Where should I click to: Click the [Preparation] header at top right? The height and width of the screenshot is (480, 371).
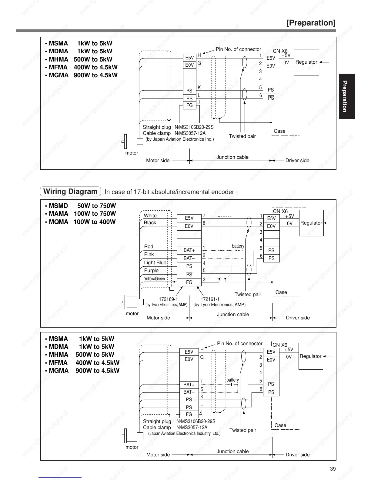(x=311, y=23)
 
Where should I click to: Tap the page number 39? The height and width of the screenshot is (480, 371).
(x=333, y=469)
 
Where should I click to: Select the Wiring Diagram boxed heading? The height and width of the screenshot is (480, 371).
(x=70, y=192)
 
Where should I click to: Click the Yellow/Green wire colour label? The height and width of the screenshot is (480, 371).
(x=154, y=279)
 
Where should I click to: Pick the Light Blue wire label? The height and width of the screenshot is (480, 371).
(x=155, y=262)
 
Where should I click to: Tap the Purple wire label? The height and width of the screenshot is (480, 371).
(x=151, y=270)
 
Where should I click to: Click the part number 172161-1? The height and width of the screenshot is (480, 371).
(x=210, y=299)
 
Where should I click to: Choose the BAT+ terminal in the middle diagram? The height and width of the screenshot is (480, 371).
(x=189, y=250)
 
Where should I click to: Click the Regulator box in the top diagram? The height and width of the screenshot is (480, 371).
(x=306, y=62)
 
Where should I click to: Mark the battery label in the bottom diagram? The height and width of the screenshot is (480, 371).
(x=232, y=380)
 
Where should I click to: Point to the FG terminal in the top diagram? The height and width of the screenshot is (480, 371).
(x=189, y=105)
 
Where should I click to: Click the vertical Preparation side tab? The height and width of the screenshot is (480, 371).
(x=347, y=96)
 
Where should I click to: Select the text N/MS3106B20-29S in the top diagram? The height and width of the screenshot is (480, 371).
(x=194, y=127)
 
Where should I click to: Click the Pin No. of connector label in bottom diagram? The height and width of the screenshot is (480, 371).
(x=239, y=343)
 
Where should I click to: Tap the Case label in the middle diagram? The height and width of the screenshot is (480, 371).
(x=281, y=292)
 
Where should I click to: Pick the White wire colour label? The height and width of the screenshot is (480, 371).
(x=150, y=215)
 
